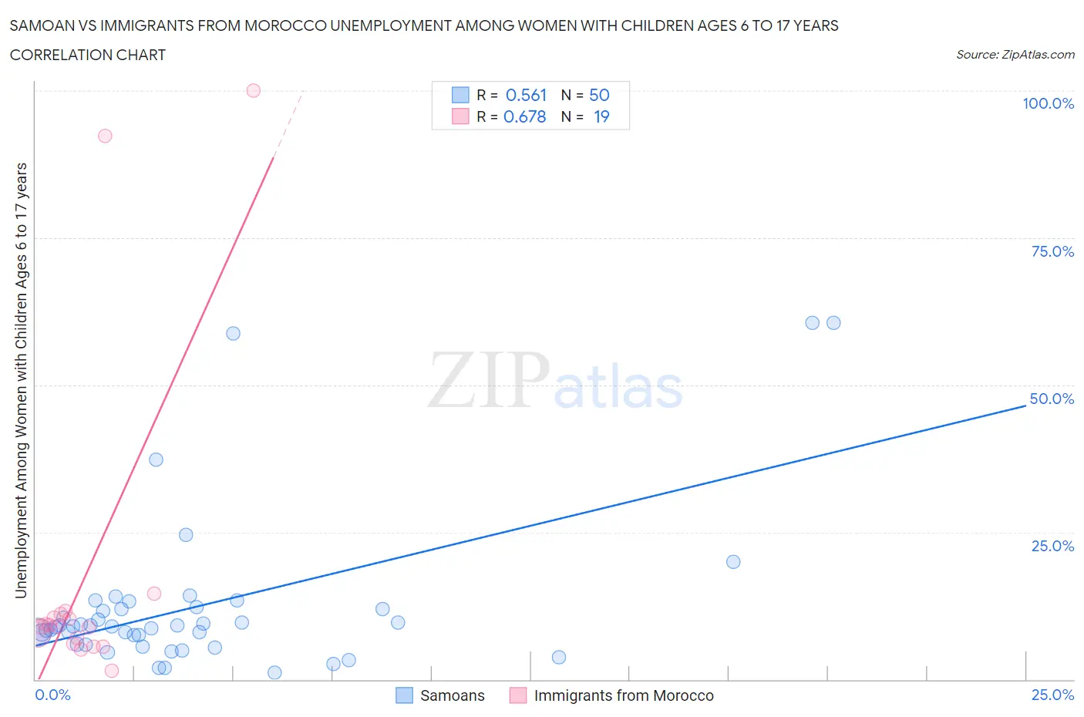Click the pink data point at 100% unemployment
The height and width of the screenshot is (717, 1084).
[253, 90]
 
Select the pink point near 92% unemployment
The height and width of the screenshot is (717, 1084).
[105, 136]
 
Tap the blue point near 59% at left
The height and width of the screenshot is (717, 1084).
[233, 333]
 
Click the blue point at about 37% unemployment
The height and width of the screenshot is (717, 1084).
[156, 459]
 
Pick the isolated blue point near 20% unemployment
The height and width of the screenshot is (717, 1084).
[733, 561]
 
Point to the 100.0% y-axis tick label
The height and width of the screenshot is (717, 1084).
[1048, 103]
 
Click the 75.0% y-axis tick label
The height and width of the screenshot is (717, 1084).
[1052, 251]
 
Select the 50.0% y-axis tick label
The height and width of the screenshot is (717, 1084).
[1052, 399]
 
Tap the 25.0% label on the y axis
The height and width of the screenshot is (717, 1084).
[1052, 546]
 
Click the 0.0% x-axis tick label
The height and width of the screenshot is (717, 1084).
[52, 695]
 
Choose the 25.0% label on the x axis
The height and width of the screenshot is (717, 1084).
[1052, 695]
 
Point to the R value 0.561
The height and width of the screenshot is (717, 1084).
[526, 95]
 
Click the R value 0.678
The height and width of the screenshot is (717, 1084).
[524, 116]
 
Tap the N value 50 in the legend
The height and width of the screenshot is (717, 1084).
[599, 95]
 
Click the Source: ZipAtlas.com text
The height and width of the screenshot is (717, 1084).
[1015, 54]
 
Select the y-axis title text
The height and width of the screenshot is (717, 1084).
[21, 381]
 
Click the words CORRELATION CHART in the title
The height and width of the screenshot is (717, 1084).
[88, 55]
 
